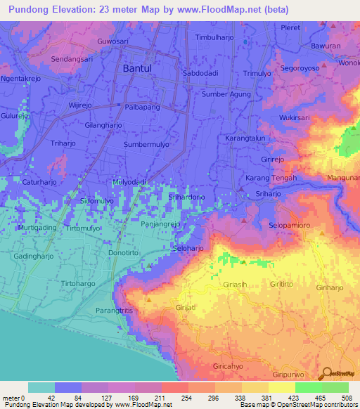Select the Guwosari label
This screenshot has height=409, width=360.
[114, 41]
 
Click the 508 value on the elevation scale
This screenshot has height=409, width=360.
[346, 398]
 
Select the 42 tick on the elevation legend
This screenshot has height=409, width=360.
[50, 398]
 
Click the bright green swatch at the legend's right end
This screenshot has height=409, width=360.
[335, 387]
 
